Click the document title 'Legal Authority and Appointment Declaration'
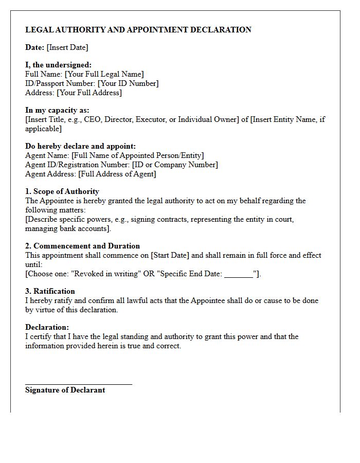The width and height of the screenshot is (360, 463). click(x=138, y=30)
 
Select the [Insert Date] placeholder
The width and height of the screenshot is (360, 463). click(x=67, y=47)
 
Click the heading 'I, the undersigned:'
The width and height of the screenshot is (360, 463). click(x=58, y=65)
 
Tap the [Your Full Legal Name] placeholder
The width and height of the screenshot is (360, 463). click(x=104, y=74)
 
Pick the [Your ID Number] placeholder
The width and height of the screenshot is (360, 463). click(x=128, y=83)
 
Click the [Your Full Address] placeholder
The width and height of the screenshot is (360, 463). click(x=89, y=93)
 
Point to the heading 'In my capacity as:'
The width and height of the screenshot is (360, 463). click(x=57, y=110)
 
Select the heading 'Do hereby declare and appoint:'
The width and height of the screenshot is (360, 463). click(x=80, y=146)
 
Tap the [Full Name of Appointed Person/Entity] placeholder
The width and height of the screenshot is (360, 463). click(x=137, y=155)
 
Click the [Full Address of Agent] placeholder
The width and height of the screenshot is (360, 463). click(x=117, y=174)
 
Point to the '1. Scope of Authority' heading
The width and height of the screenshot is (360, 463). click(x=62, y=191)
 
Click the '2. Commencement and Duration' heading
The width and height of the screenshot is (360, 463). click(x=82, y=246)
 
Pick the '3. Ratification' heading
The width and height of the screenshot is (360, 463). click(x=50, y=291)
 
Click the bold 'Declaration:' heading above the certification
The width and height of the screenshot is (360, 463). click(x=47, y=327)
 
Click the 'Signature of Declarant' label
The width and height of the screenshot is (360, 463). click(x=65, y=390)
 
